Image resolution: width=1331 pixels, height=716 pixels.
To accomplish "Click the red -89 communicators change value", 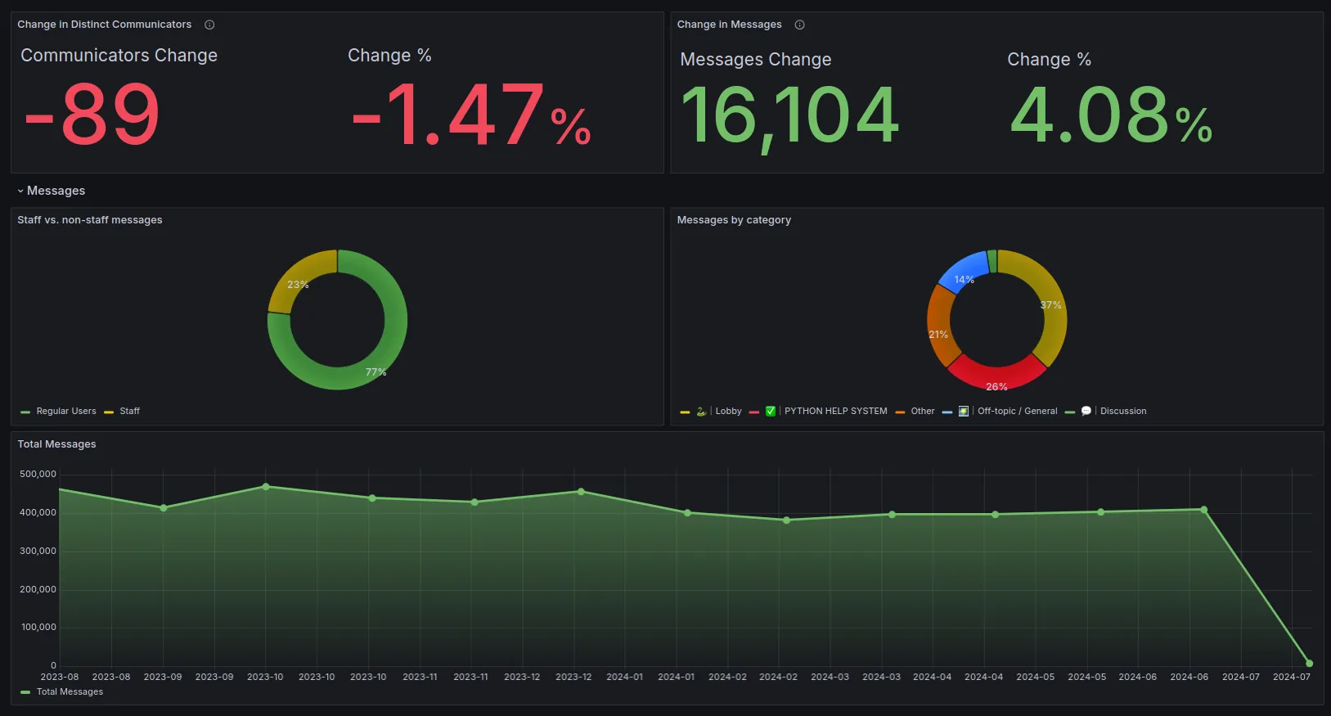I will (92, 115).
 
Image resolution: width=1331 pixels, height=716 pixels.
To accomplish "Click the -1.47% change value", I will (470, 117).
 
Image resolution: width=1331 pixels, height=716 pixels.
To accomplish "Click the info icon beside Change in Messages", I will (799, 25).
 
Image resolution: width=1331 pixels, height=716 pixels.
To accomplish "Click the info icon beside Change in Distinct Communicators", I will (209, 25).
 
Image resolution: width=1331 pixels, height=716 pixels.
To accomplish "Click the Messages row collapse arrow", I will (20, 191).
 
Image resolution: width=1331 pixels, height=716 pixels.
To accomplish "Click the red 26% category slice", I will (996, 375).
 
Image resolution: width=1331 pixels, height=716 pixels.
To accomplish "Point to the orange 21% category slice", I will (941, 327).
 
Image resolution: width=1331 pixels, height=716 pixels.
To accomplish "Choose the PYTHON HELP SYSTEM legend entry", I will (835, 412).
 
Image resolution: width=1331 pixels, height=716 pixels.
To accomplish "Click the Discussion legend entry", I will (1122, 412).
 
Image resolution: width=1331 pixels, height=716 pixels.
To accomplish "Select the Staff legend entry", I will (129, 412).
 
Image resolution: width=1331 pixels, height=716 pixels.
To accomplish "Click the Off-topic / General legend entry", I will (1017, 412).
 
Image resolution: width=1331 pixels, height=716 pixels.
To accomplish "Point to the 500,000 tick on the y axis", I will (38, 475).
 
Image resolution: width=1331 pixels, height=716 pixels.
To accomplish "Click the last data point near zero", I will (1309, 664).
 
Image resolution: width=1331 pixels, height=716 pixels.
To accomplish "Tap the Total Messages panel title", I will (56, 444).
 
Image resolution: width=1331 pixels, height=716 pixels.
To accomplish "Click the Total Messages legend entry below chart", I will (70, 692).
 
